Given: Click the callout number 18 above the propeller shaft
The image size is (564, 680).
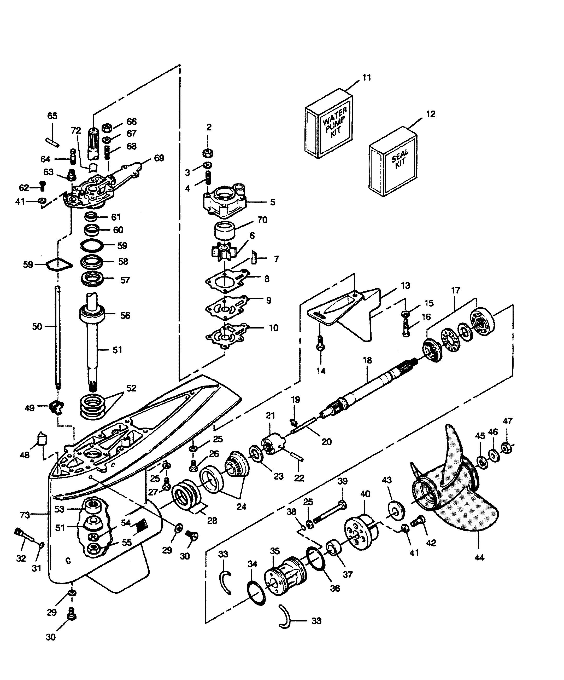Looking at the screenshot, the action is click(367, 360).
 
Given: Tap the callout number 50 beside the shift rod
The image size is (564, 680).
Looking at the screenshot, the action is click(37, 326).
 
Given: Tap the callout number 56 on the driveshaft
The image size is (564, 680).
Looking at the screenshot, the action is click(125, 315).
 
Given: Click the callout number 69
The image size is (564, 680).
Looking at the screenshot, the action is click(159, 158).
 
